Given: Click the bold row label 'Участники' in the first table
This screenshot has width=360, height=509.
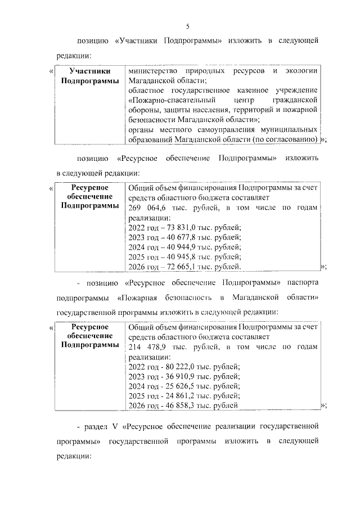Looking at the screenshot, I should (89, 71).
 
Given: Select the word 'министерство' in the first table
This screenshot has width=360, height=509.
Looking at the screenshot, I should (150, 71).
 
